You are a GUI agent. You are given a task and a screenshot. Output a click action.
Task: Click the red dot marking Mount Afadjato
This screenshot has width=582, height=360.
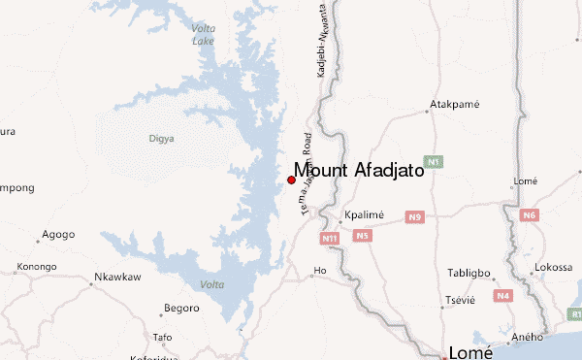pos(291,180)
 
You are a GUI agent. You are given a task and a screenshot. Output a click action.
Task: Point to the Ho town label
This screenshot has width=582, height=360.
pos(319,271)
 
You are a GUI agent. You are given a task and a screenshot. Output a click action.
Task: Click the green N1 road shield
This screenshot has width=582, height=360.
pos(434,161)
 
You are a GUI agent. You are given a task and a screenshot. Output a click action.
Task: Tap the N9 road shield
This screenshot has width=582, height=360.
pos(415,216)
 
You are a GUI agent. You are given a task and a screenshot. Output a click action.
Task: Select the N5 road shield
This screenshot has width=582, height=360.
pos(363,235)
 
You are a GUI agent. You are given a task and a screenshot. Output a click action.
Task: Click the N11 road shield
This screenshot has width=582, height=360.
pos(331,238)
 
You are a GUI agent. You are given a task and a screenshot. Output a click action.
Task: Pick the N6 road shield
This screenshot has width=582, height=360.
pos(529,214)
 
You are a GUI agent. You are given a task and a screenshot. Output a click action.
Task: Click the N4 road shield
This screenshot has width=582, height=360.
pos(502,295)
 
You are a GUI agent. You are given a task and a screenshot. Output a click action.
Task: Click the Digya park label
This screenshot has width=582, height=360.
pos(161,139)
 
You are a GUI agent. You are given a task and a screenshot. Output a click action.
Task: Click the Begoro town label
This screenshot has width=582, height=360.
pos(181,308)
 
